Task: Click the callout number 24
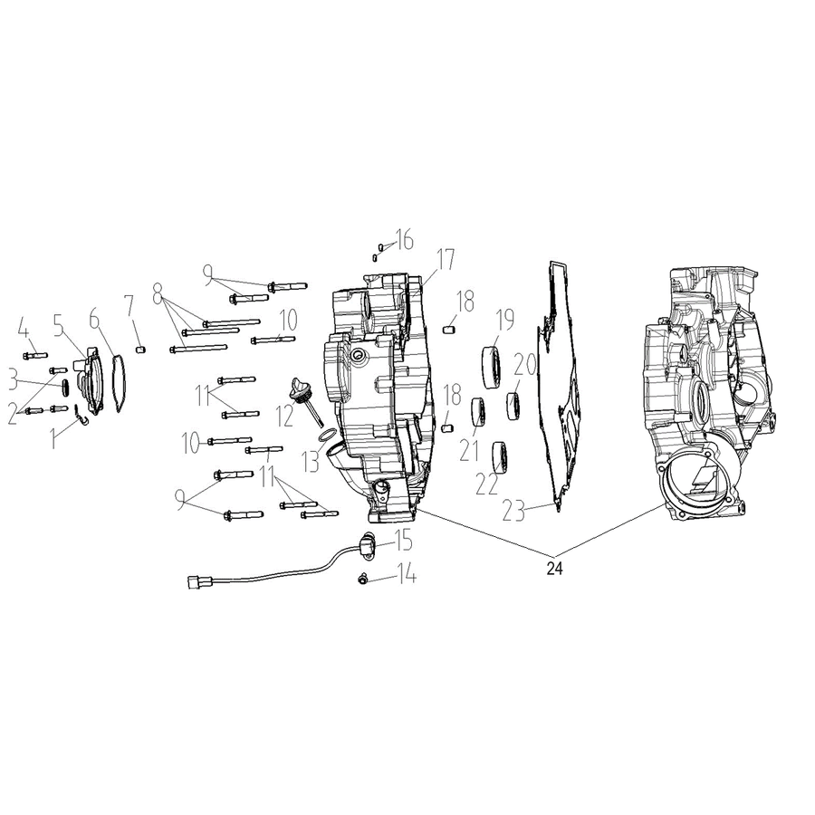tap(554, 569)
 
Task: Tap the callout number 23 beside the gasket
tap(514, 511)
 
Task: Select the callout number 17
tap(445, 260)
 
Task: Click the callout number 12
tap(285, 416)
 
